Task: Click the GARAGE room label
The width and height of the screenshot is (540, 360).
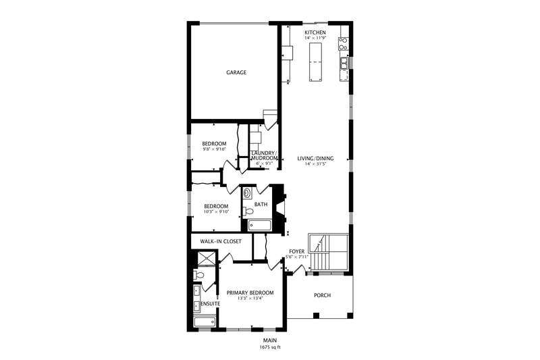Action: (236, 72)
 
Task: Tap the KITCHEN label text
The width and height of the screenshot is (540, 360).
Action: (315, 32)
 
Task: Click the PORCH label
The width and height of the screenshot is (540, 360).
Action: (322, 296)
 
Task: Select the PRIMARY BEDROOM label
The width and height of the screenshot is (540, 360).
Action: (250, 292)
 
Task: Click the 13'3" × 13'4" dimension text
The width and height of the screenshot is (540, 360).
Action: (250, 299)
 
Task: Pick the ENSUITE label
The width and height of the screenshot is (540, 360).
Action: (210, 304)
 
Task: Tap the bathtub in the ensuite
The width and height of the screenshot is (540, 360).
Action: (202, 322)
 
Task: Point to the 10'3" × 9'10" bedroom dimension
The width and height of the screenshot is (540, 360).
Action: (216, 212)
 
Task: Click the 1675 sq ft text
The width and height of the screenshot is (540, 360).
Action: (269, 346)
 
